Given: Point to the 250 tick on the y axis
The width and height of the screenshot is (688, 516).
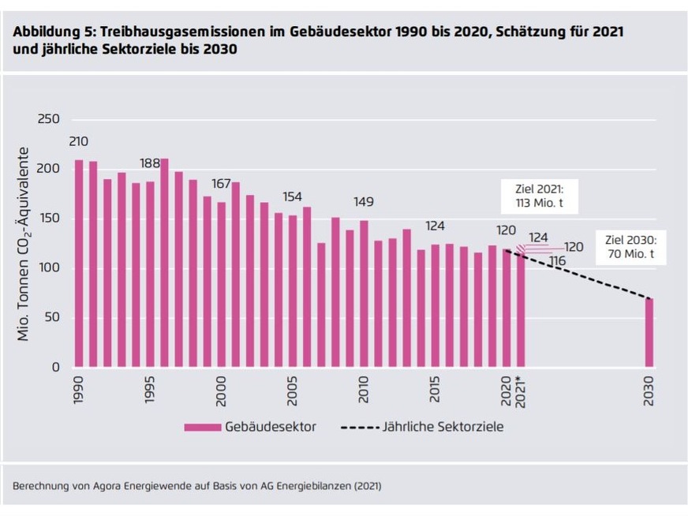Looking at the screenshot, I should point(49,120).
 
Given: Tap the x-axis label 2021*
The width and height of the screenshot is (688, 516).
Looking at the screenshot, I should point(521,391).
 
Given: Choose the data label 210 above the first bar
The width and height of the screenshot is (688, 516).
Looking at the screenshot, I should point(79,142).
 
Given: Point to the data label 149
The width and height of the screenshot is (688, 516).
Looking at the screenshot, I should point(364,202).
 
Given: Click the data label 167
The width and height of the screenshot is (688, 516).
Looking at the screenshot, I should point(221,184).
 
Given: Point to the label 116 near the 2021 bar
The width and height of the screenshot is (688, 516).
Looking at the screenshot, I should point(558,260).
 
